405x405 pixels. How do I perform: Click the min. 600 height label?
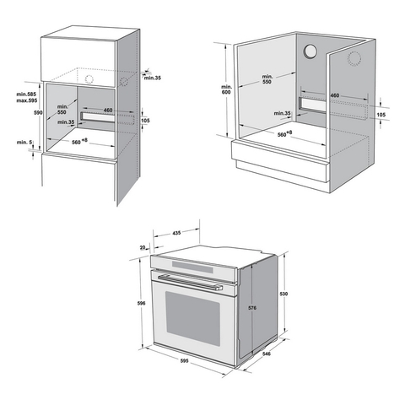226,90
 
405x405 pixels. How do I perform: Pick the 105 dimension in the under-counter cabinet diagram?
380,112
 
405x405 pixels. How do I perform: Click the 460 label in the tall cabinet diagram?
107,110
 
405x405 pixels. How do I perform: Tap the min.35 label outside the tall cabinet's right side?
153,78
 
